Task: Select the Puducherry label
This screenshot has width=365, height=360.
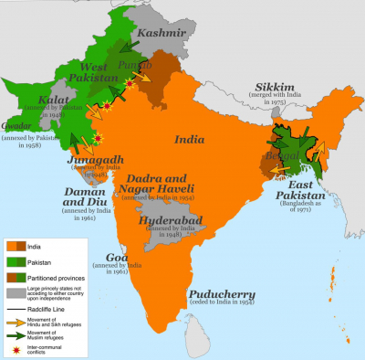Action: (229, 291)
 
